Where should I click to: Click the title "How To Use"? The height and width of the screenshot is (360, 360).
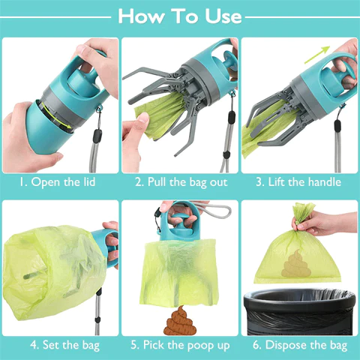click(x=180, y=16)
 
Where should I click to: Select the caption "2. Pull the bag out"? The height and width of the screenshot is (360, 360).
click(x=180, y=182)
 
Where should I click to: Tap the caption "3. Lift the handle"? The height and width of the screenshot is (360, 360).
click(x=299, y=182)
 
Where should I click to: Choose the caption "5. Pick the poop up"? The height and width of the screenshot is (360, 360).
click(x=180, y=345)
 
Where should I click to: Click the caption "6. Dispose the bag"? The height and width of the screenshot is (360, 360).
click(x=299, y=345)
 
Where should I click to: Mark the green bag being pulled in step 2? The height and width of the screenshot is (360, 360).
click(x=157, y=120)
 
